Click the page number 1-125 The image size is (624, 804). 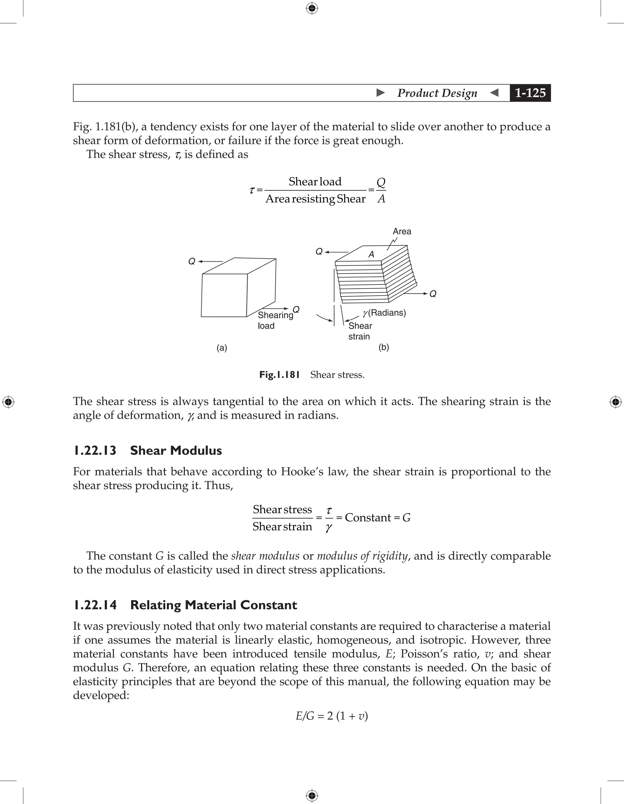(530, 93)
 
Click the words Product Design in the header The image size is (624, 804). (437, 93)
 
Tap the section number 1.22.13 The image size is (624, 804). (95, 450)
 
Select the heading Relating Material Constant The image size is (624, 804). (213, 605)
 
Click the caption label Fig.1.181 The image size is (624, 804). (279, 375)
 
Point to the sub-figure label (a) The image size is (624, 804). (222, 348)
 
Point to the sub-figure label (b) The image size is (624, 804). (384, 347)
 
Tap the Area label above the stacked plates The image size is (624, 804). (402, 232)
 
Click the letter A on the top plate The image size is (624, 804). (371, 254)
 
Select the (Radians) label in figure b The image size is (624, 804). (387, 313)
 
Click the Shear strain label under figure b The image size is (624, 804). (360, 331)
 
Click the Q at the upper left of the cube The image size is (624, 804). (192, 261)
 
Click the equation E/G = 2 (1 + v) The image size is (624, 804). (332, 716)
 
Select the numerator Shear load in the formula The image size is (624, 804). (315, 181)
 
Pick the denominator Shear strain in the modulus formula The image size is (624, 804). (282, 527)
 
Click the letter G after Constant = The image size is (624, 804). (406, 518)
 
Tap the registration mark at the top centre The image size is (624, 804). (312, 8)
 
